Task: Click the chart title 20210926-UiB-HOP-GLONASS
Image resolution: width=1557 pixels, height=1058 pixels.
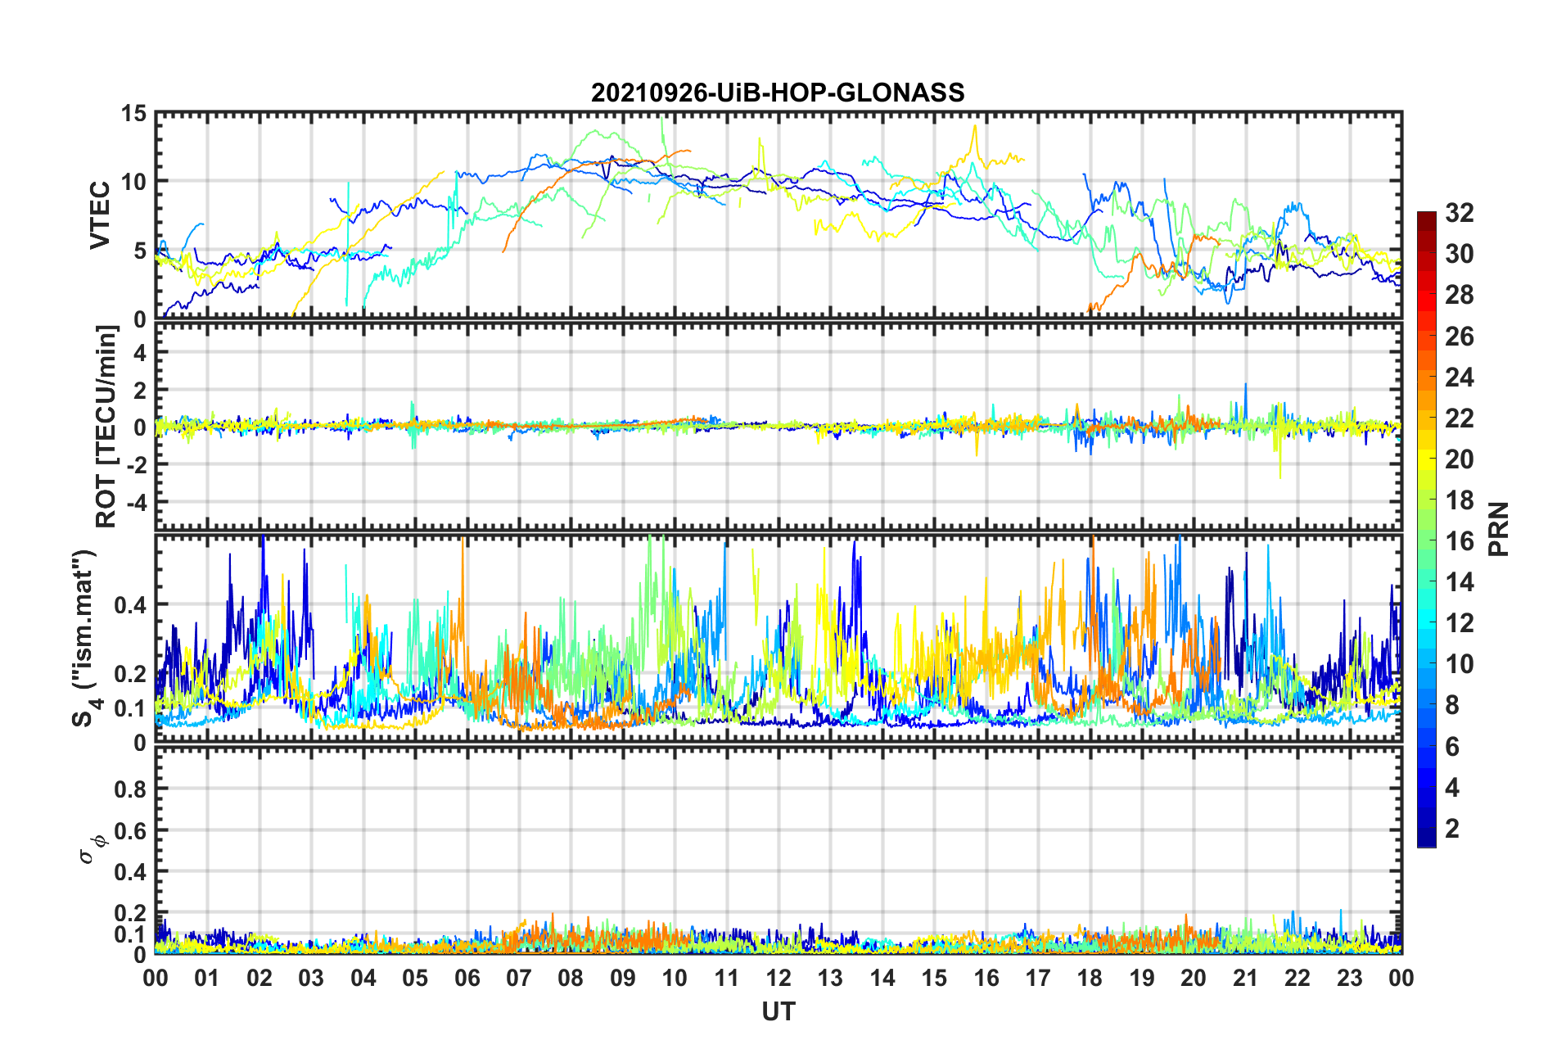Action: point(778,93)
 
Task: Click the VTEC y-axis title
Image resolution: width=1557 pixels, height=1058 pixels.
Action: point(100,215)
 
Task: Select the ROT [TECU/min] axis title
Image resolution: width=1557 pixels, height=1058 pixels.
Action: point(106,427)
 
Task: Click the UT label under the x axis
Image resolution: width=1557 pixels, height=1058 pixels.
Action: point(778,1012)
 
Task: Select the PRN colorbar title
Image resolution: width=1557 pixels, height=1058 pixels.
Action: point(1498,529)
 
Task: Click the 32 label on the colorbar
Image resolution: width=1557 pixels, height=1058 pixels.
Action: point(1459,213)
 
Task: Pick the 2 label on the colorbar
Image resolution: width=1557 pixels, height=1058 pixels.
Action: point(1452,828)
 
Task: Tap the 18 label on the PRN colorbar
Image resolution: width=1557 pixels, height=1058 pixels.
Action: point(1459,500)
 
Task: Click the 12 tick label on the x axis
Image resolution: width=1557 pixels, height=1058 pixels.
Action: point(778,978)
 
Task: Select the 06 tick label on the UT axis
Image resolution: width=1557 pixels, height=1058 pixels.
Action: point(467,978)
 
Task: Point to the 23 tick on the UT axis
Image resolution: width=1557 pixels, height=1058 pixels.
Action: point(1349,978)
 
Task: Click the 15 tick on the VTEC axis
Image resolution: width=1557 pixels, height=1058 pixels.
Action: point(133,114)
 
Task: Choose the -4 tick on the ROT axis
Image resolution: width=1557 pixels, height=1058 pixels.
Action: point(136,501)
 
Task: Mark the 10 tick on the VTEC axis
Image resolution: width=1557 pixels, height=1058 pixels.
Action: point(133,182)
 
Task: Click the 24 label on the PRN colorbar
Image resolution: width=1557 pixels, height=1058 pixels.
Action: point(1459,377)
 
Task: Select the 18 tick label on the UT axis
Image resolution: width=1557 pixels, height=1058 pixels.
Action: point(1090,978)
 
